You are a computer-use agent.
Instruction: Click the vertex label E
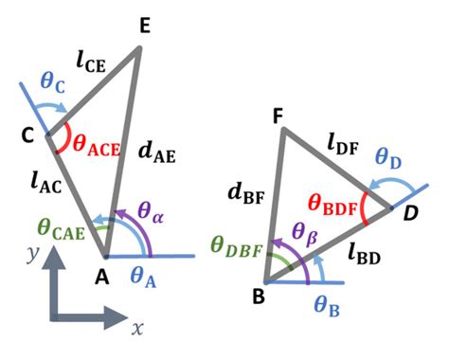(x=144, y=27)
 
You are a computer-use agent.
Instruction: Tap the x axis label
(x=136, y=330)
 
